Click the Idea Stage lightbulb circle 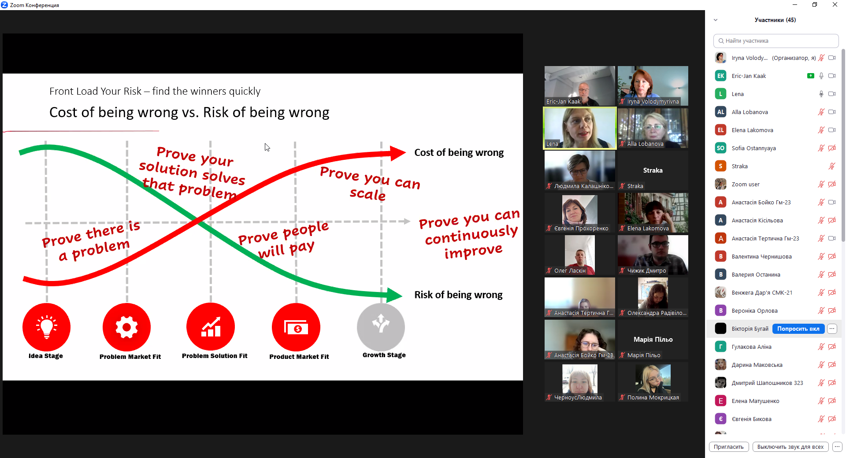46,327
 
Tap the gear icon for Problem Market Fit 126,327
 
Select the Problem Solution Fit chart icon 211,327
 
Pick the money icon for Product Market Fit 296,327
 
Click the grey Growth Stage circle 381,327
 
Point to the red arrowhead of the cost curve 398,153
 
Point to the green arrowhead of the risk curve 394,295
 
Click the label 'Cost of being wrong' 459,153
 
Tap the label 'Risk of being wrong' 458,295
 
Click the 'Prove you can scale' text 369,183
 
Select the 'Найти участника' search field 775,41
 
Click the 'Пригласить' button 729,447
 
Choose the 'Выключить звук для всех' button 790,447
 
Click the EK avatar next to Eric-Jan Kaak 720,76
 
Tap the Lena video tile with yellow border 580,128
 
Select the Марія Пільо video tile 653,340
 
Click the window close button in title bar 835,5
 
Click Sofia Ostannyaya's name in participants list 753,148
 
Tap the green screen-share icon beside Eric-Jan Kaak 810,76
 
